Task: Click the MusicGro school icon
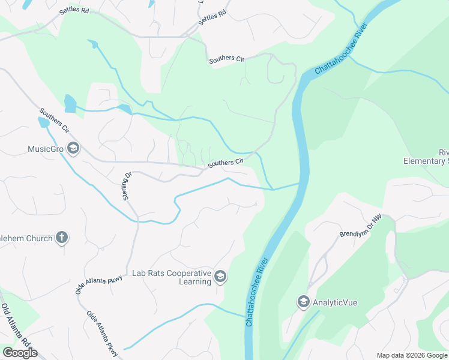click(73, 149)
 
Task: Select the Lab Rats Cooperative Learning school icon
click(220, 277)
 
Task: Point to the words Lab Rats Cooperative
click(172, 273)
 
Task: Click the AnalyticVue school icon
click(304, 302)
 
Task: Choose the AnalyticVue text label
click(335, 302)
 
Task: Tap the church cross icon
click(61, 238)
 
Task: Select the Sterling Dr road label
click(127, 186)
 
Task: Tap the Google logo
click(20, 353)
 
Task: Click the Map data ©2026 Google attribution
click(411, 355)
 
